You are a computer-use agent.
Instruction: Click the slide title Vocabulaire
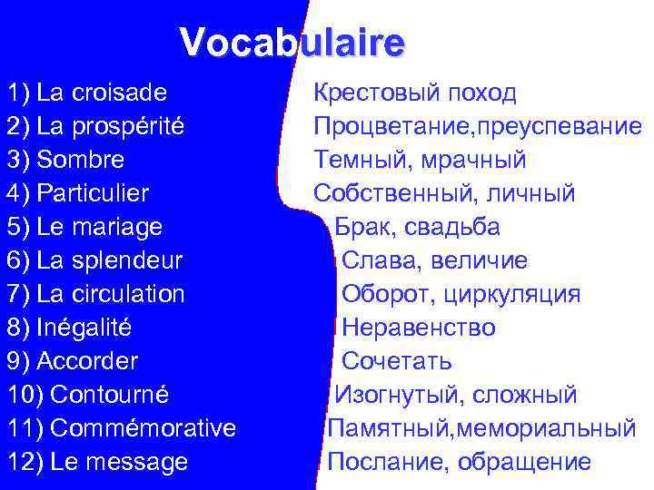coord(292,43)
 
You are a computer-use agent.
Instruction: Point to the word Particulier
coord(93,194)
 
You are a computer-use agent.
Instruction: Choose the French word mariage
coord(119,227)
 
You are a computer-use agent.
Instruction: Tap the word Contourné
coord(110,395)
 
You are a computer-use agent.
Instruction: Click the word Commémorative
coord(144,428)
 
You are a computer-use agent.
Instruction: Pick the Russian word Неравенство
coord(419,328)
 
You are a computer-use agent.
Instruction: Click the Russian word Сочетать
coord(397,361)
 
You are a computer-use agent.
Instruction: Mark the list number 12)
coord(25,462)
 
